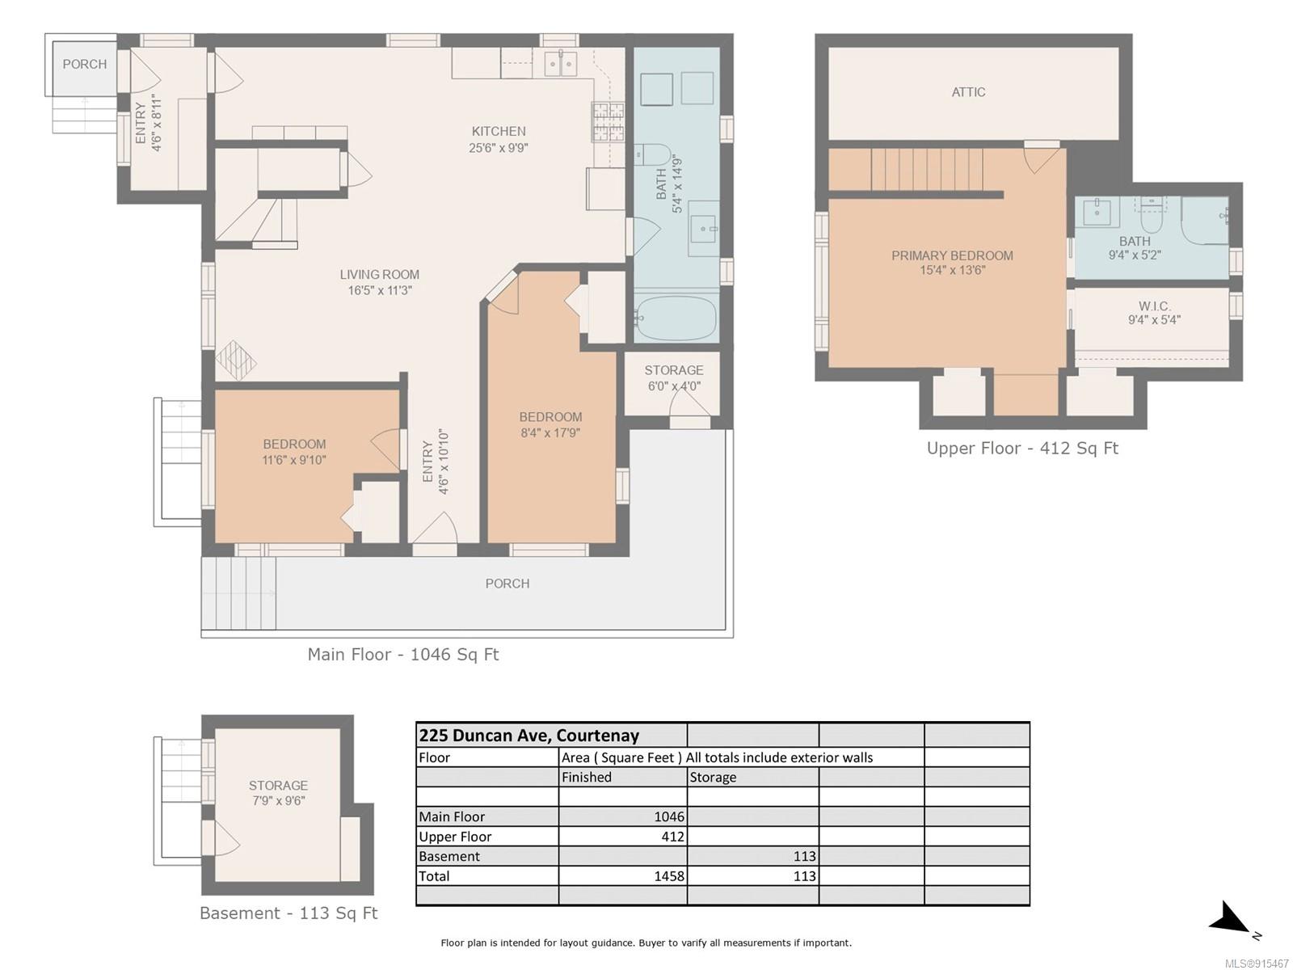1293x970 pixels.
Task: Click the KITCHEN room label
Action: (x=499, y=131)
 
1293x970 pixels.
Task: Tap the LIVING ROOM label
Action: (x=379, y=275)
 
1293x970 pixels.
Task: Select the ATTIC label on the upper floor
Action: (x=968, y=92)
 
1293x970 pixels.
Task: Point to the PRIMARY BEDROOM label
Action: (x=952, y=255)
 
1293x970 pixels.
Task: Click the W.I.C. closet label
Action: (x=1154, y=306)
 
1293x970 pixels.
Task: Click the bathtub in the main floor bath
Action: (x=676, y=318)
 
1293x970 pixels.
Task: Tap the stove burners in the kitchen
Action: (x=608, y=122)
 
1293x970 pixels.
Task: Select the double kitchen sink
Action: (x=559, y=63)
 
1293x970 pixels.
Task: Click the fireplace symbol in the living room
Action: (x=235, y=361)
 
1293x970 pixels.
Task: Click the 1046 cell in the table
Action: (x=669, y=817)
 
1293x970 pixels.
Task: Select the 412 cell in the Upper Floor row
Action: (x=672, y=837)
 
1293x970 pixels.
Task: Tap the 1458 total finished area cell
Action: (x=669, y=876)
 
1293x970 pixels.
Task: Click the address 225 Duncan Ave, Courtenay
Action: (x=529, y=736)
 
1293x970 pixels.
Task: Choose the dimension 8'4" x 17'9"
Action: (x=550, y=433)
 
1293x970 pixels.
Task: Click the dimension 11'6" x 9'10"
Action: (x=294, y=460)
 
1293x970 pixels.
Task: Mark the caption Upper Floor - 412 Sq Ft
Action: (x=1022, y=448)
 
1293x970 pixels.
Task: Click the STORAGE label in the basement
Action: (x=278, y=786)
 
